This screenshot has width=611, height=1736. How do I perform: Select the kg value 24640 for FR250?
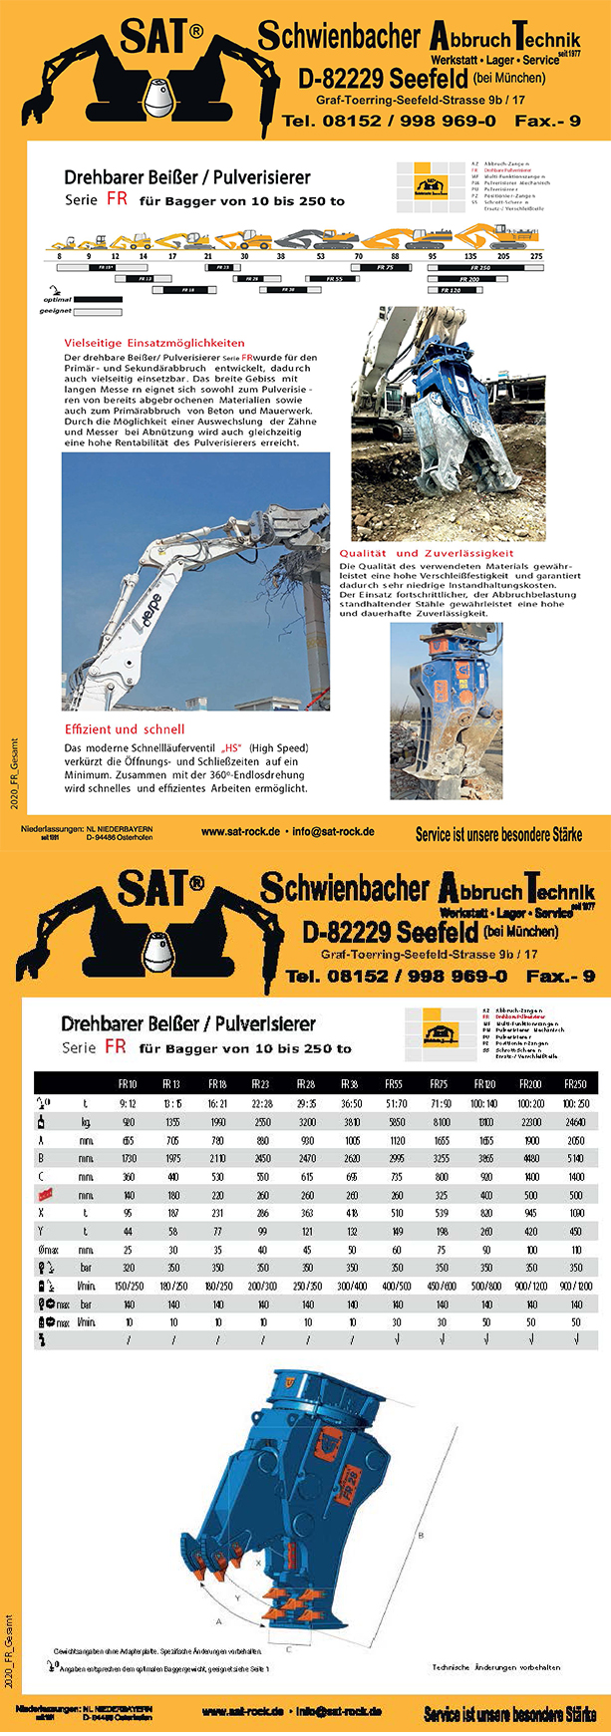pyautogui.click(x=576, y=1121)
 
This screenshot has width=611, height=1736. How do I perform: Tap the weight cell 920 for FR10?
pyautogui.click(x=129, y=1121)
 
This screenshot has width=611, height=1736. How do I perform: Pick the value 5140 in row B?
pyautogui.click(x=576, y=1159)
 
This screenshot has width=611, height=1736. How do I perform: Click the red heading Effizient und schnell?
pyautogui.click(x=125, y=729)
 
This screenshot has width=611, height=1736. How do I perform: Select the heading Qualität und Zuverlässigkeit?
pyautogui.click(x=427, y=553)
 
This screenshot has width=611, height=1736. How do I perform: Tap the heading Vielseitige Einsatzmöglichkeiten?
pyautogui.click(x=154, y=343)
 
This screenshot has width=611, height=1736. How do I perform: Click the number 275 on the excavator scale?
pyautogui.click(x=536, y=256)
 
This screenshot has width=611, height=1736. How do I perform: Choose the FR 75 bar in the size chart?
pyautogui.click(x=387, y=268)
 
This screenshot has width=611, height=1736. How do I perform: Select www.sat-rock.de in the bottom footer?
pyautogui.click(x=241, y=1711)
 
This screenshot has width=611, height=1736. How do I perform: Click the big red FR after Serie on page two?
pyautogui.click(x=115, y=1047)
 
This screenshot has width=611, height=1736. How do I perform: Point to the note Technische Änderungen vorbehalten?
pyautogui.click(x=496, y=1666)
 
